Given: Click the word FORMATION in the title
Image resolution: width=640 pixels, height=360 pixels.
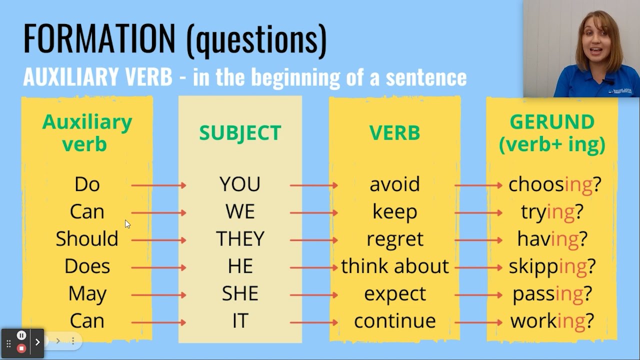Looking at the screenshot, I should [x=99, y=38].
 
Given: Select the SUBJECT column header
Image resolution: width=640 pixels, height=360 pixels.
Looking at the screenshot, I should [x=240, y=133].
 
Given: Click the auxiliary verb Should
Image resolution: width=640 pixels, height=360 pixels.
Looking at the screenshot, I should [x=87, y=239].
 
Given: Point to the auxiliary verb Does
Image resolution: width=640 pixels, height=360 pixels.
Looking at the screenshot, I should [x=87, y=266].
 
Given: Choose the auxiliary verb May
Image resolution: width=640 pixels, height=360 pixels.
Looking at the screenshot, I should [x=87, y=294].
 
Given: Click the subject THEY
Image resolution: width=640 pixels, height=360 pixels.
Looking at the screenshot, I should [x=240, y=239].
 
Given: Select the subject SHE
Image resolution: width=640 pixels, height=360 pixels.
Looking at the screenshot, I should [x=240, y=294].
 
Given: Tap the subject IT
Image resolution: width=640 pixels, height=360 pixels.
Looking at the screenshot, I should [x=240, y=321].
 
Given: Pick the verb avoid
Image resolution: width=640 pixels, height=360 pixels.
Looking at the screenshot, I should [x=394, y=184].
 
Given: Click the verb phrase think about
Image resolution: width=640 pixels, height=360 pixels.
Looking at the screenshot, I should [x=394, y=266].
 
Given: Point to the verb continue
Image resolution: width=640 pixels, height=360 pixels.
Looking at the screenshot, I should [x=394, y=321].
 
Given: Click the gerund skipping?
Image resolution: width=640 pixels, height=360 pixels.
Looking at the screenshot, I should [x=552, y=267].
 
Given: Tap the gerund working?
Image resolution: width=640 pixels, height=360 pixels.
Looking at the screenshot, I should [x=552, y=321].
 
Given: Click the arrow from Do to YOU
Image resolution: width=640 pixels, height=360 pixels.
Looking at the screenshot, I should [x=158, y=185].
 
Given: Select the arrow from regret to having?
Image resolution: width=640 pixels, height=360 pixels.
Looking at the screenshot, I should [x=478, y=240].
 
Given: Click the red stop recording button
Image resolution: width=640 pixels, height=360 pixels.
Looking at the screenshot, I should [x=21, y=348].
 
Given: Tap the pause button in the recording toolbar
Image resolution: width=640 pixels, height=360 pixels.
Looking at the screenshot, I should [x=21, y=335].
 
